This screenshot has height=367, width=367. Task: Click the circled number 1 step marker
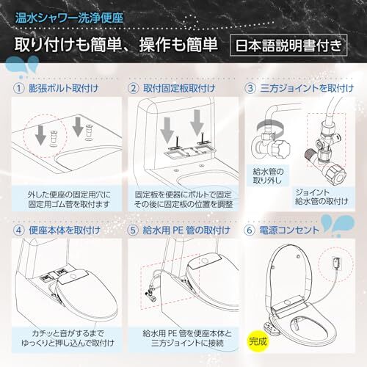pos(18,88)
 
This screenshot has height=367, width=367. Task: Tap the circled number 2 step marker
pos(134,88)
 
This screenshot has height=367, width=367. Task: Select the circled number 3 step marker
pos(250,88)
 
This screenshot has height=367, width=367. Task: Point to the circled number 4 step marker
pos(18,230)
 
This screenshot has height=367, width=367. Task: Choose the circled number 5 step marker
pos(133,230)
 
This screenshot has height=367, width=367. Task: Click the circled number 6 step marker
pos(249,230)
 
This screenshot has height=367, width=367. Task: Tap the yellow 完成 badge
pos(258,341)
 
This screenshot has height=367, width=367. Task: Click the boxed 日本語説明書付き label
pos(288,46)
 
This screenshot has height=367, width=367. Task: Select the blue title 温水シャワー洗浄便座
pos(69,18)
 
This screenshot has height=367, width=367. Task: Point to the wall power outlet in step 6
pos(335,263)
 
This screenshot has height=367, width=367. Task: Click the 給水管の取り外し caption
pos(268,176)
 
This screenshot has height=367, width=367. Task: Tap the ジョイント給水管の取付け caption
pos(321,197)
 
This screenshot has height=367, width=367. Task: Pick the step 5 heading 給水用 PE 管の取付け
pos(186,230)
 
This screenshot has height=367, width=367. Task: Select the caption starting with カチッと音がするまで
pos(68,338)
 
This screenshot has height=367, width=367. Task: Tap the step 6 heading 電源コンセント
pos(289,230)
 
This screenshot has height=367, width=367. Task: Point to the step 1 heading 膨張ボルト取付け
pos(64,88)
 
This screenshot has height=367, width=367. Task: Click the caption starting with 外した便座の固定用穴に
pos(69,200)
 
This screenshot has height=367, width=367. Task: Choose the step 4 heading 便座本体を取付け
pos(65,230)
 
